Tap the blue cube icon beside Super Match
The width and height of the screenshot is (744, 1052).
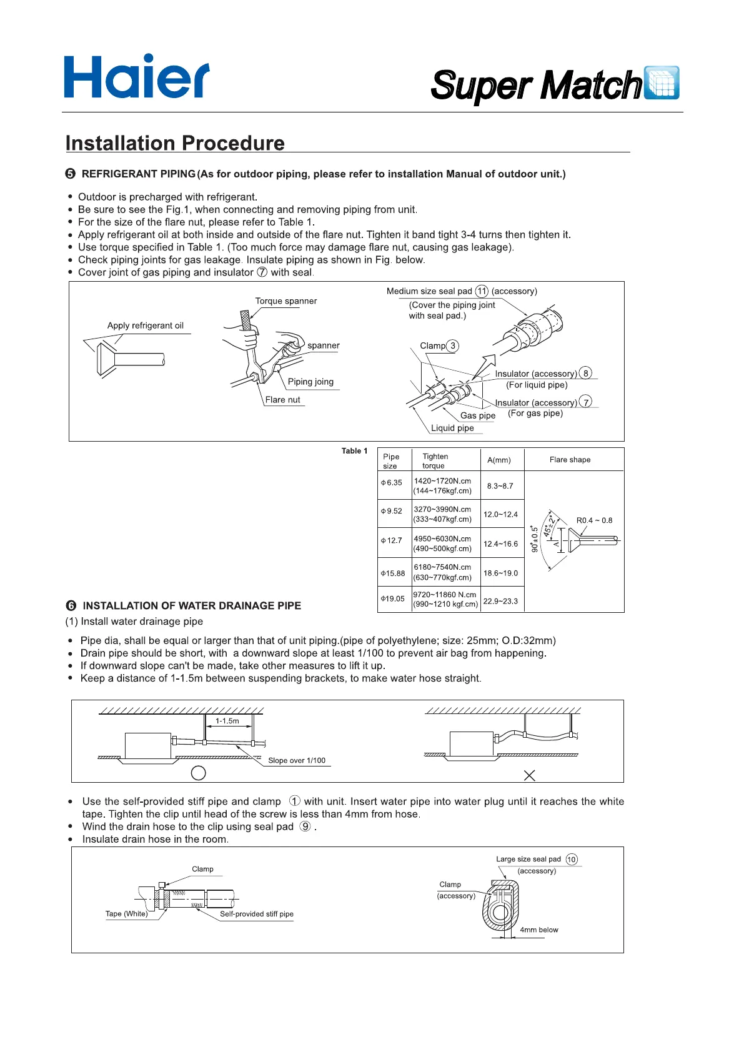tap(662, 82)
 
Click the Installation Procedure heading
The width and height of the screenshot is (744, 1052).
tap(175, 143)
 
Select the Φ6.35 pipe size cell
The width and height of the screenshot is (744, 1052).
tap(392, 483)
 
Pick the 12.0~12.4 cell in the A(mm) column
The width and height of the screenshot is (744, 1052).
tap(500, 515)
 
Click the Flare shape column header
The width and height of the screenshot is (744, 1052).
tap(570, 460)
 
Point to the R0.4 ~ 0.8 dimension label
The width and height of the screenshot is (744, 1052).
tap(594, 520)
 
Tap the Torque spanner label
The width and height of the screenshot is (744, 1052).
tap(286, 301)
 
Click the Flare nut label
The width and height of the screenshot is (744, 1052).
tap(282, 400)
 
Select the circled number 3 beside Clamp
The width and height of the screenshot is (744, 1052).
tap(453, 345)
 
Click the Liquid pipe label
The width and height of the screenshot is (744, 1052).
tap(452, 428)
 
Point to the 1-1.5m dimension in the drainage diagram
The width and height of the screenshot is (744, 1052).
tap(227, 721)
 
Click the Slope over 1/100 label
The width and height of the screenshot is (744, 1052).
tap(297, 760)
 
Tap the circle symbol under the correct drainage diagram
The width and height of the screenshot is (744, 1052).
tap(198, 773)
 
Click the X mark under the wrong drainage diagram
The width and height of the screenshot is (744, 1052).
tap(529, 775)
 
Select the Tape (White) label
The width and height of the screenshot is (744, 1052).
tap(126, 913)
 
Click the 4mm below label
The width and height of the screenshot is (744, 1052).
tap(538, 930)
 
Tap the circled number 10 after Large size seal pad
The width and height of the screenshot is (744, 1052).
tap(572, 860)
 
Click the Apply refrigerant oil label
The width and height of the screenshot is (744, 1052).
tap(145, 325)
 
